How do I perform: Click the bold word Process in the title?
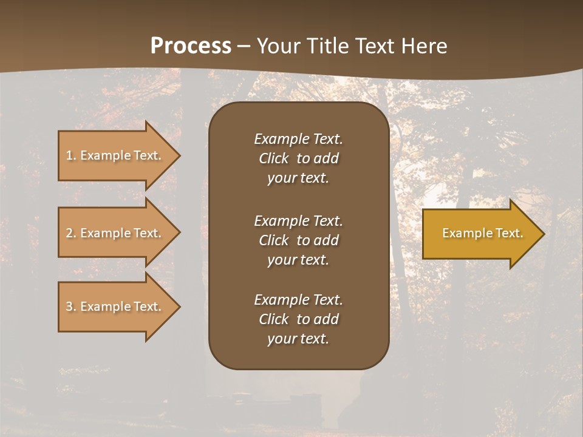pyautogui.click(x=191, y=46)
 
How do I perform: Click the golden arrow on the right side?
pyautogui.click(x=480, y=233)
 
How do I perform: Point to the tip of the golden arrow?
pyautogui.click(x=543, y=233)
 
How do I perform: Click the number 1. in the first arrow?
pyautogui.click(x=70, y=155)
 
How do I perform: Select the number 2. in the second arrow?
pyautogui.click(x=70, y=233)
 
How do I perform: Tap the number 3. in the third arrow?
pyautogui.click(x=70, y=307)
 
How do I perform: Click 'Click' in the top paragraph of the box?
pyautogui.click(x=273, y=158)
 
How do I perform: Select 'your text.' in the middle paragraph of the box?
pyautogui.click(x=298, y=260)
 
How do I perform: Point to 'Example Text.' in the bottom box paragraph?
pyautogui.click(x=298, y=300)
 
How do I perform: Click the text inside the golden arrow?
pyautogui.click(x=482, y=233)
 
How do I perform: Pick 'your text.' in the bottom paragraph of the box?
pyautogui.click(x=298, y=339)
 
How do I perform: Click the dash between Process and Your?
pyautogui.click(x=244, y=46)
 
